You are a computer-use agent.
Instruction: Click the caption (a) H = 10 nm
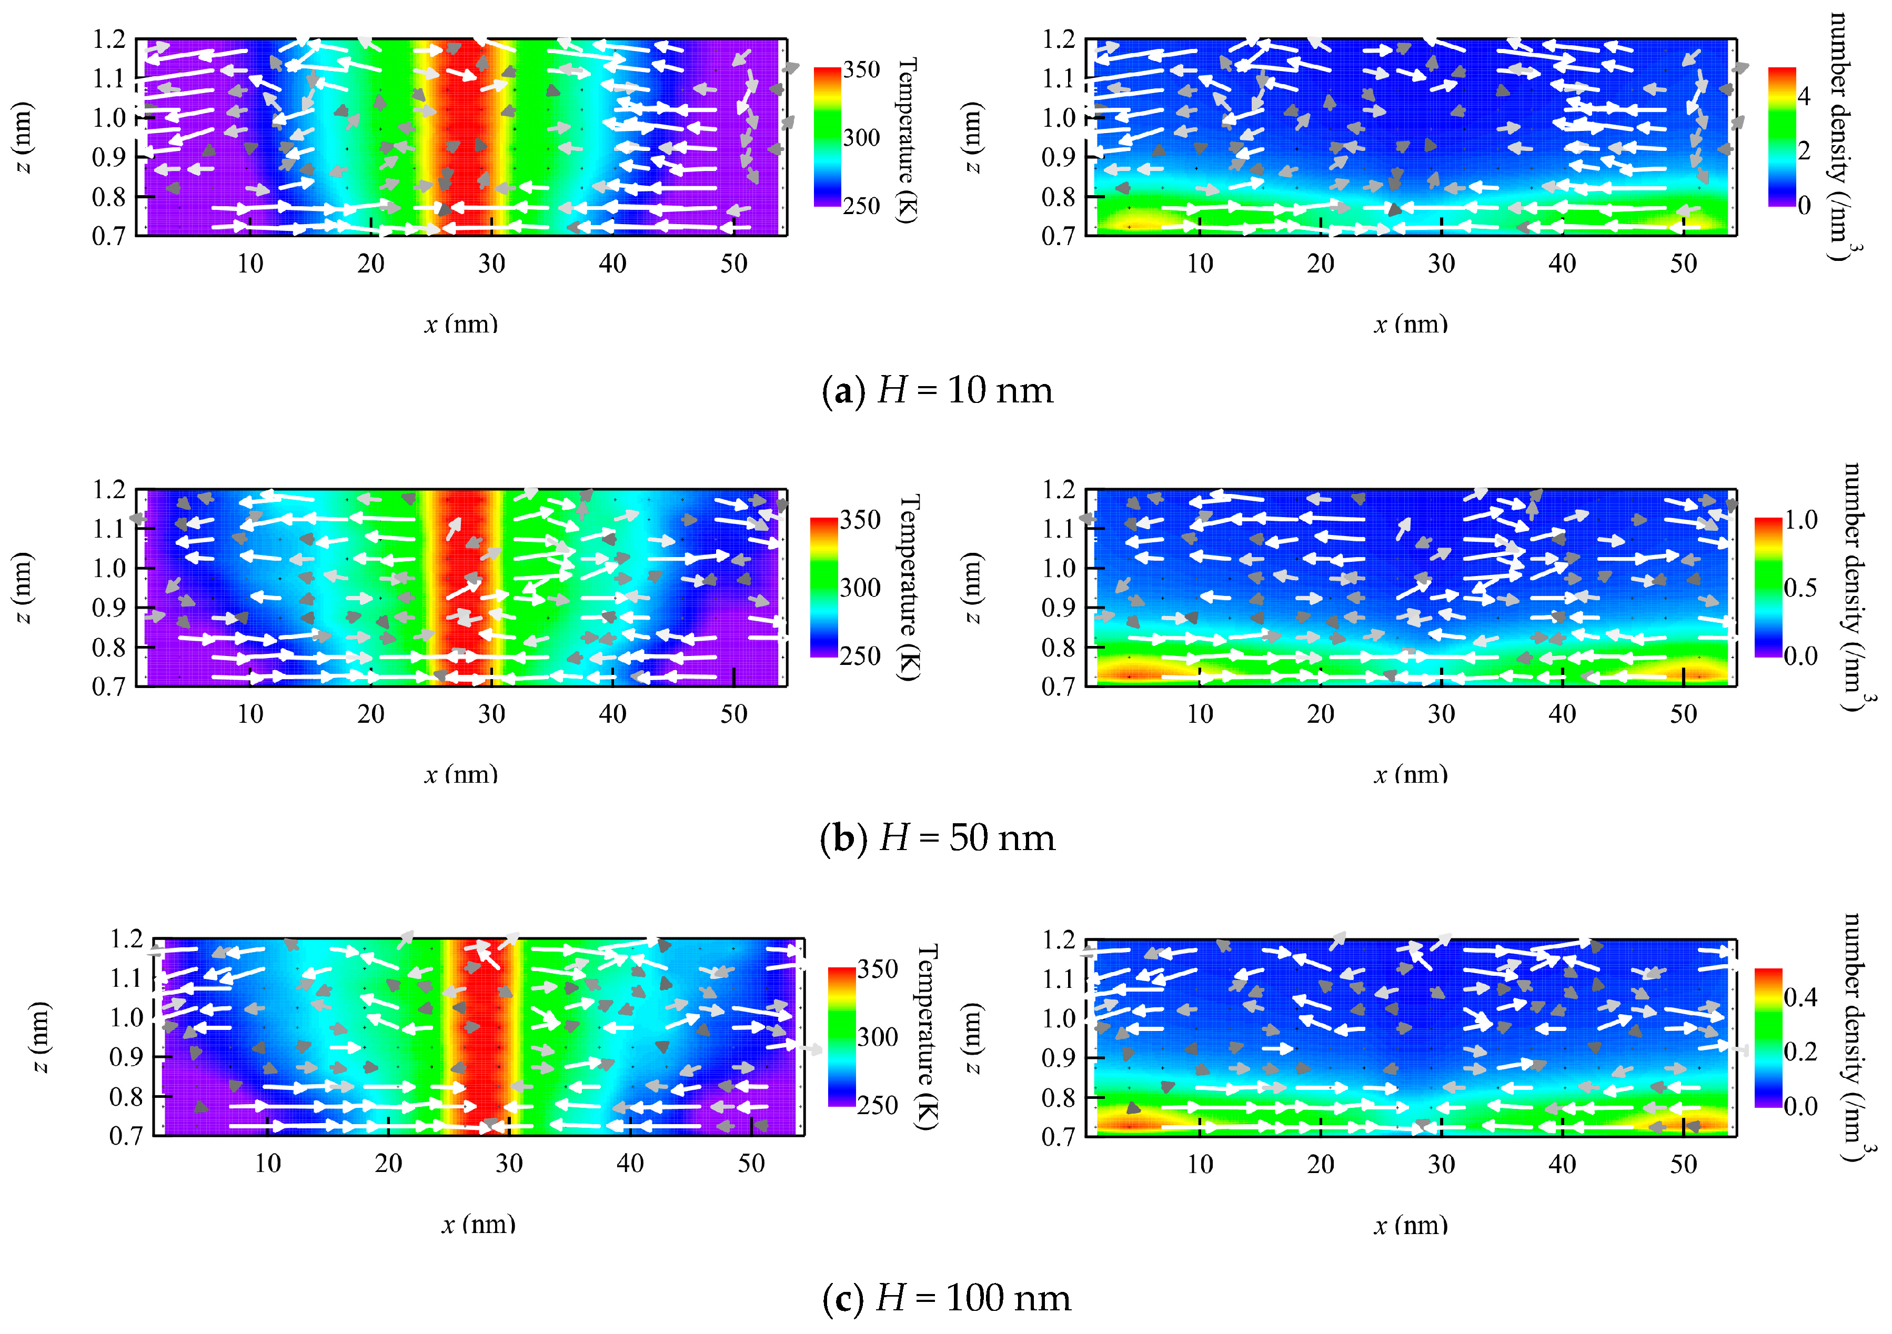[x=938, y=390]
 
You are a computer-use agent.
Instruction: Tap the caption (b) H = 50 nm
[x=938, y=838]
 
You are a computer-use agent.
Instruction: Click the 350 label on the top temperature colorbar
[x=861, y=70]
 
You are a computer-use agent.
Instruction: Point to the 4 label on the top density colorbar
[x=1803, y=96]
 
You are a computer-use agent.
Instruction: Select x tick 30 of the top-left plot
[x=492, y=264]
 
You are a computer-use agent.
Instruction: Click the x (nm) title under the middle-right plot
[x=1410, y=774]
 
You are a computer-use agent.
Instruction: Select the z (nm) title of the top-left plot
[x=23, y=138]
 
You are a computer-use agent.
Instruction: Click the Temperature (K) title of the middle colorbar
[x=908, y=588]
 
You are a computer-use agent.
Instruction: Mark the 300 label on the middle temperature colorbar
[x=860, y=588]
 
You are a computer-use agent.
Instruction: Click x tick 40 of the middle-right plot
[x=1563, y=714]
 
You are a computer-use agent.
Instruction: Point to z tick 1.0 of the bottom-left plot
[x=126, y=1018]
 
